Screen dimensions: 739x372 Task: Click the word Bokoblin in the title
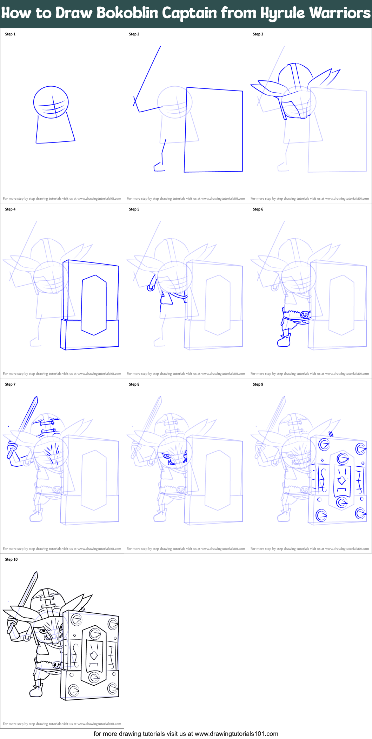pos(128,13)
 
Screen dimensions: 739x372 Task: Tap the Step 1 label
pos(10,34)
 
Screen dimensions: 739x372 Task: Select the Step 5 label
pos(134,209)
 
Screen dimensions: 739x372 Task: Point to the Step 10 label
pos(11,559)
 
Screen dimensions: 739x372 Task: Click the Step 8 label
pos(134,384)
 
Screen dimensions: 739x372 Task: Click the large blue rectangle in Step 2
pos(214,130)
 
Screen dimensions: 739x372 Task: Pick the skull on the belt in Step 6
pos(304,315)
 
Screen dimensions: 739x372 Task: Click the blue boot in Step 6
pos(284,341)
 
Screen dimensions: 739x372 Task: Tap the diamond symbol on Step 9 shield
pos(341,481)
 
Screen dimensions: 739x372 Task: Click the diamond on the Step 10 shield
pos(94,655)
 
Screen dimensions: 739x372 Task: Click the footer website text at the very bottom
pos(186,734)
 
